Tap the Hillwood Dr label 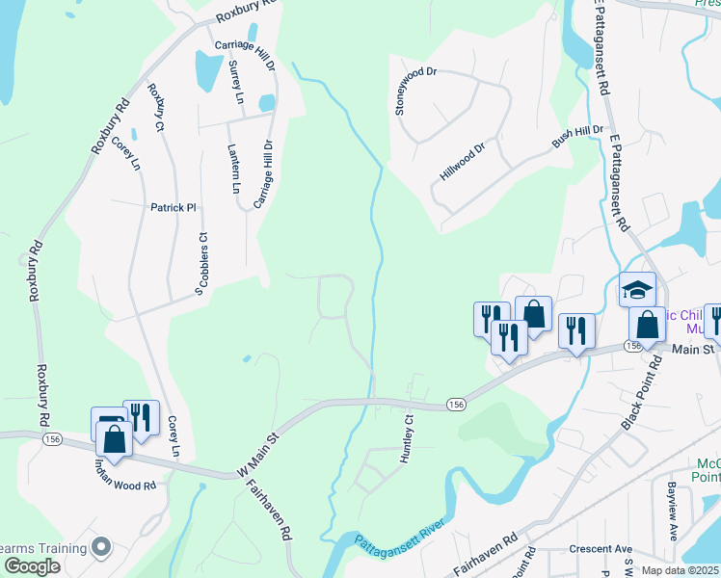pyautogui.click(x=463, y=159)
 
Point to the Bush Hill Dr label pyautogui.click(x=576, y=136)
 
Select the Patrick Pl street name pyautogui.click(x=173, y=207)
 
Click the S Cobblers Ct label pyautogui.click(x=201, y=262)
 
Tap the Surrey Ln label pyautogui.click(x=235, y=83)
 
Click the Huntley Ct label pyautogui.click(x=409, y=439)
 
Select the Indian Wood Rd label pyautogui.click(x=124, y=472)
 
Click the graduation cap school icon pyautogui.click(x=637, y=288)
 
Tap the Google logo pyautogui.click(x=31, y=566)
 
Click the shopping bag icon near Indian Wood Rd pyautogui.click(x=114, y=438)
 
